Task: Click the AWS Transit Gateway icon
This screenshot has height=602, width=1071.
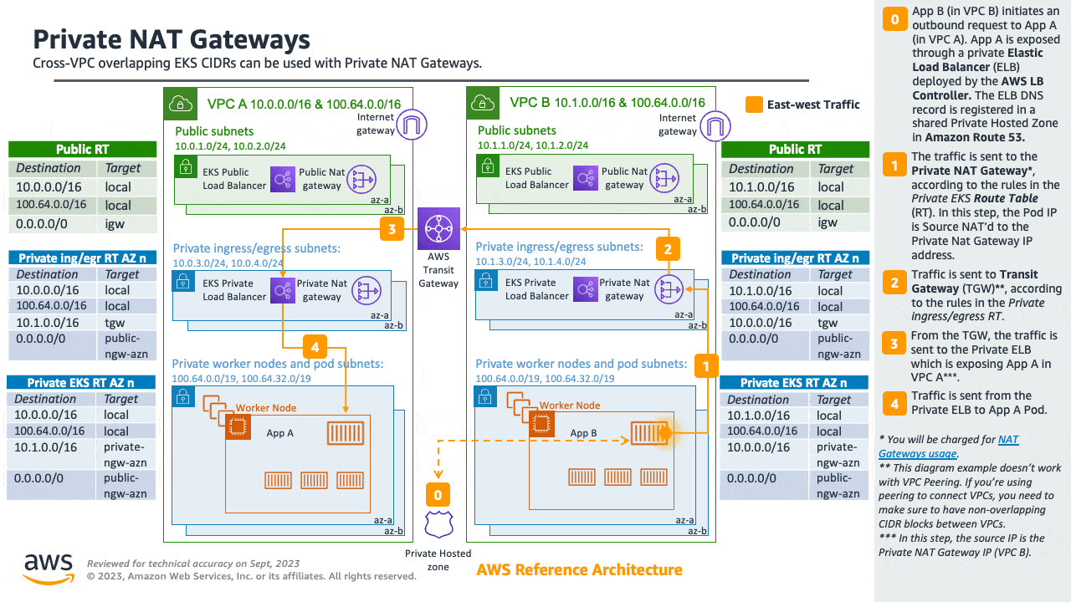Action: coord(438,227)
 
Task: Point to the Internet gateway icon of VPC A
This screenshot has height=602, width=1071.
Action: coord(411,125)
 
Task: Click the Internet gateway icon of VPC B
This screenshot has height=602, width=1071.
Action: coord(713,125)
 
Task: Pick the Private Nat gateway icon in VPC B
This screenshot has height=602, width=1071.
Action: coord(667,289)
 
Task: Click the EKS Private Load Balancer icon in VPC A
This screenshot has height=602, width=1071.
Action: coord(280,290)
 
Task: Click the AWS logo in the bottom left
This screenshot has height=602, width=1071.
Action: coord(48,568)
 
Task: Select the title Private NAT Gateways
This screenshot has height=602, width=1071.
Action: coord(171,39)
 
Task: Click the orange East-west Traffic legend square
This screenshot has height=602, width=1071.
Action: coord(754,105)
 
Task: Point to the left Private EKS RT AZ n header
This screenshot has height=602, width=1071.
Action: coord(82,382)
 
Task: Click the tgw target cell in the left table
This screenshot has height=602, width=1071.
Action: coord(118,323)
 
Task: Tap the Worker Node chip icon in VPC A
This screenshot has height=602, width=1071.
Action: coord(238,426)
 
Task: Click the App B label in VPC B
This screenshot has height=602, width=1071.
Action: coord(583,433)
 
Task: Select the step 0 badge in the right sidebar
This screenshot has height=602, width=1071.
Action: coord(894,19)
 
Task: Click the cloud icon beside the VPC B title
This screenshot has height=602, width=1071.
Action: coord(481,103)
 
